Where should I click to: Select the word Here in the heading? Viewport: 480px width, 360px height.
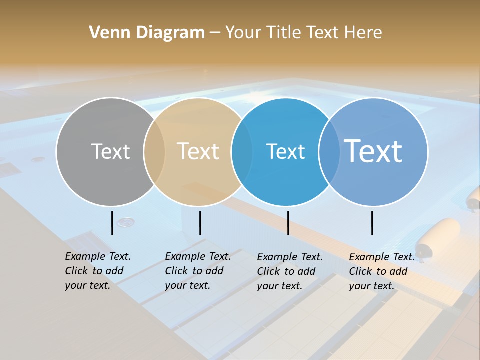363,33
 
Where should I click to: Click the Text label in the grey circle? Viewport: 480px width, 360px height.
110,151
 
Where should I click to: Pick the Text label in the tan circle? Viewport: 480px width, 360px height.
198,151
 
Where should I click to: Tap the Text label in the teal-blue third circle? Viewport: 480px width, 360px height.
285,151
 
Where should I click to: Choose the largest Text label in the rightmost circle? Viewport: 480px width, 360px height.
373,151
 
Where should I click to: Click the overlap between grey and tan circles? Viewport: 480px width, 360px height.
154,152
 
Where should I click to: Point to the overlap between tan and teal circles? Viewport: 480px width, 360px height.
242,152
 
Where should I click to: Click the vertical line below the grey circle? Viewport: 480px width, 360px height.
112,223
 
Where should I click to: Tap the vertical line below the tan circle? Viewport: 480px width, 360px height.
200,223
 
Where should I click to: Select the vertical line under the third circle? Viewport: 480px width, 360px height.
288,223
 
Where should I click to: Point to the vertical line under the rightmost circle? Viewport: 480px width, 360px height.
372,223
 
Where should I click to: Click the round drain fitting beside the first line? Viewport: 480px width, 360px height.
126,221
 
